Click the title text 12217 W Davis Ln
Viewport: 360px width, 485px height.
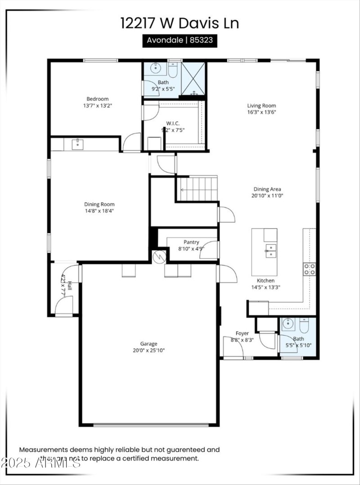pos(180,23)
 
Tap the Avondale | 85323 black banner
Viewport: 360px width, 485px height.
pos(180,40)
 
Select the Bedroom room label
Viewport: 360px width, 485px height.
pos(98,99)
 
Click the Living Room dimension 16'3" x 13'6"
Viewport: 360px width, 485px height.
pos(261,112)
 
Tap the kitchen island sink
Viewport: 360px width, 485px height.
pos(270,250)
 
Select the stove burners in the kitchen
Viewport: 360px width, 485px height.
pos(310,269)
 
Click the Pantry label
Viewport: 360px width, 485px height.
pos(191,242)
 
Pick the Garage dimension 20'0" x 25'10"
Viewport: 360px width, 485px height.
pos(148,350)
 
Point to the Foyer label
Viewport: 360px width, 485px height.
pos(242,333)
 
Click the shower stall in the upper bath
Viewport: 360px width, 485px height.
pos(193,79)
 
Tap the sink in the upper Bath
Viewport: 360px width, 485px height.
pos(156,69)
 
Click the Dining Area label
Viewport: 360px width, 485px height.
pos(267,189)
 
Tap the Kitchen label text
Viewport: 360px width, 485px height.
pos(265,281)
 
